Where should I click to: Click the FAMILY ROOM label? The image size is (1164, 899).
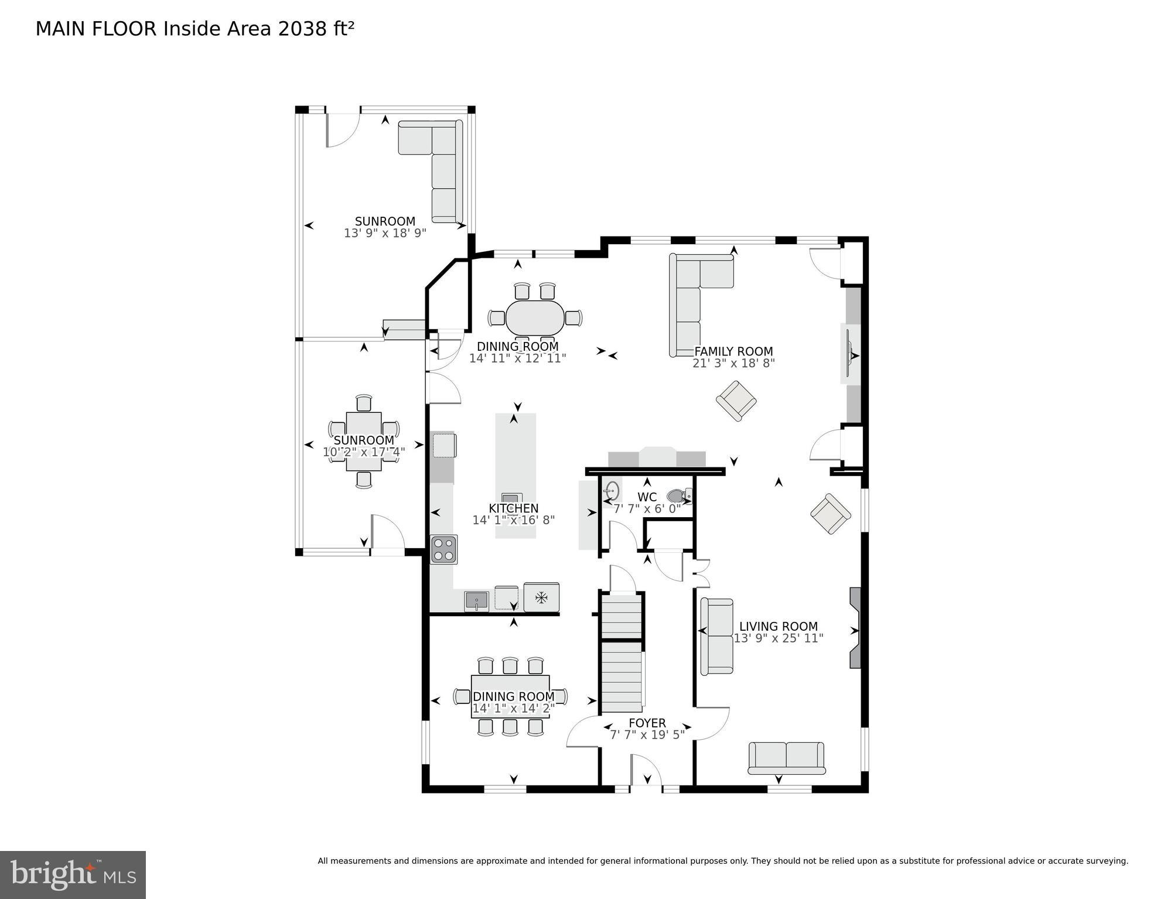pos(733,351)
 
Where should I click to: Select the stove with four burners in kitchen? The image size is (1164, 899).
pos(443,549)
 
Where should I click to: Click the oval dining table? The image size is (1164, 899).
pos(535,318)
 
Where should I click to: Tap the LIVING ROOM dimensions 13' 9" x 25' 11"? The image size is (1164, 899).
pos(779,638)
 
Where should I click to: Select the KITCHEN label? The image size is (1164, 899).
pos(514,508)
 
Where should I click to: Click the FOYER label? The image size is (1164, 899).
pos(647,723)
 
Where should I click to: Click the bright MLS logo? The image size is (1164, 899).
pos(73,874)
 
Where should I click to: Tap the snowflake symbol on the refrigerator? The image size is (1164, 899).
pos(541,598)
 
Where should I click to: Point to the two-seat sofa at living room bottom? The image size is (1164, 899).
pos(786,758)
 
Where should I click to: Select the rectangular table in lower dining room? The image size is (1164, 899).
pos(510,696)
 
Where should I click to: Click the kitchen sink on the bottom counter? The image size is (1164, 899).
pos(476,601)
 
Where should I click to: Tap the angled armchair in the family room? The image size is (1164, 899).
pos(736,401)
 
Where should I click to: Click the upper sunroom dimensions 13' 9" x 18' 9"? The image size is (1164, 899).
pos(385,233)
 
